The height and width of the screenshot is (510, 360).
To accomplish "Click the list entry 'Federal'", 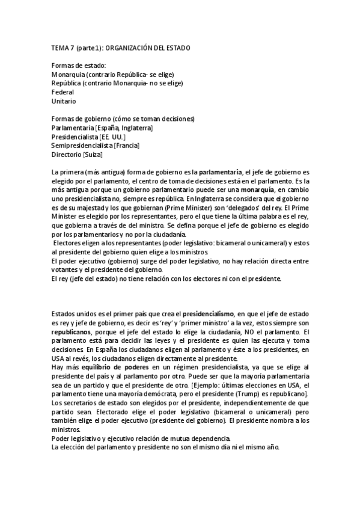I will click(x=63, y=92).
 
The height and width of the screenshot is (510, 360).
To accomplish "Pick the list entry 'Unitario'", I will click(x=64, y=101).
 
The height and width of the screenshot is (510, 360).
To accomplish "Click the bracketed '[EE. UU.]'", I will click(x=112, y=137).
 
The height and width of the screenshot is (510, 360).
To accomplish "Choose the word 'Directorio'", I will click(x=67, y=155).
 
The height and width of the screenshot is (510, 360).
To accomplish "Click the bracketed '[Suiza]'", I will click(x=93, y=155).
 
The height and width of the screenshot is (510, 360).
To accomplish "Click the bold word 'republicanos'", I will click(x=72, y=332).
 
